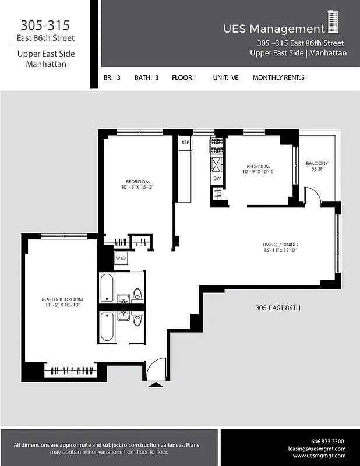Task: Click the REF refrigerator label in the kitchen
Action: pyautogui.click(x=185, y=142)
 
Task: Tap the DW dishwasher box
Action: pyautogui.click(x=217, y=179)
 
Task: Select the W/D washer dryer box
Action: pyautogui.click(x=121, y=258)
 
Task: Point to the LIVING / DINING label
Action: pyautogui.click(x=280, y=245)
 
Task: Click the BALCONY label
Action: pyautogui.click(x=317, y=163)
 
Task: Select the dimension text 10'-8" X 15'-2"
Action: pyautogui.click(x=137, y=188)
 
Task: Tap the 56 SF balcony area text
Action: pyautogui.click(x=317, y=169)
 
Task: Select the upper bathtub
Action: pyautogui.click(x=107, y=288)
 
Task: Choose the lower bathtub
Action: pyautogui.click(x=107, y=327)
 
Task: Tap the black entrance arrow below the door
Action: pyautogui.click(x=155, y=384)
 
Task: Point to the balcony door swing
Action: pyautogui.click(x=311, y=193)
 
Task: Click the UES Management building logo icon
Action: pyautogui.click(x=333, y=22)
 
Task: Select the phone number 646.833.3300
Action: pyautogui.click(x=328, y=441)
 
